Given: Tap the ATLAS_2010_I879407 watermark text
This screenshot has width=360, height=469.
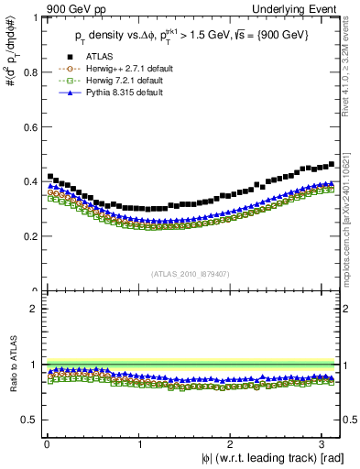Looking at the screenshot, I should click(191, 273).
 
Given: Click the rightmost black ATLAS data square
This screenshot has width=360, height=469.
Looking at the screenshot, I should click(332, 164).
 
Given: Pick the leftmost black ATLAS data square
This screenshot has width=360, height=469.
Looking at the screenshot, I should click(49, 176).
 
